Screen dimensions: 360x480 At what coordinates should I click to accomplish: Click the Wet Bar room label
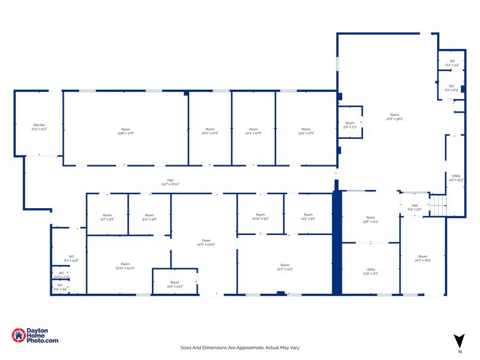click(39, 127)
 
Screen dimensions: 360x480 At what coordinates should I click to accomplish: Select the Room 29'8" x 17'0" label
click(126, 130)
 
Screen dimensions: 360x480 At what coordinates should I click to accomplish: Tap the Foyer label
click(206, 242)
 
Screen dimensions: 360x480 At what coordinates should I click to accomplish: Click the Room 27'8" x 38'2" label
click(395, 116)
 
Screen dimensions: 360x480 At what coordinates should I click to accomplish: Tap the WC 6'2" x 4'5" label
click(452, 62)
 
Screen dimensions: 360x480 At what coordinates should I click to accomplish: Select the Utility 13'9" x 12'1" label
click(370, 271)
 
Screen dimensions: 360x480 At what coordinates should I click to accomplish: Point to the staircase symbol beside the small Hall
click(438, 204)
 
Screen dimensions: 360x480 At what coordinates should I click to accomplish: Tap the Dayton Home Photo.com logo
click(35, 336)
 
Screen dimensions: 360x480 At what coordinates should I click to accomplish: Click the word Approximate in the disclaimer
click(244, 347)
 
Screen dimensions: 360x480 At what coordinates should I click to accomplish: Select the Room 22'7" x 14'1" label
click(285, 266)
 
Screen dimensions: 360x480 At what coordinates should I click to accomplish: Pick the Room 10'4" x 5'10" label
click(174, 284)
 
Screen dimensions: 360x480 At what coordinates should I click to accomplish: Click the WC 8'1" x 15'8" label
click(72, 258)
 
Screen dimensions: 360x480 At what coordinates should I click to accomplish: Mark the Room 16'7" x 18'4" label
click(422, 258)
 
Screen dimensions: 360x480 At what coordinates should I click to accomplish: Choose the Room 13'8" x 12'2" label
click(370, 219)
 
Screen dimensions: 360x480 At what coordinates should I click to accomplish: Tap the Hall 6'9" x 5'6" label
click(414, 207)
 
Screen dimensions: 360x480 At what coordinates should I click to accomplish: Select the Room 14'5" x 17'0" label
click(306, 130)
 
